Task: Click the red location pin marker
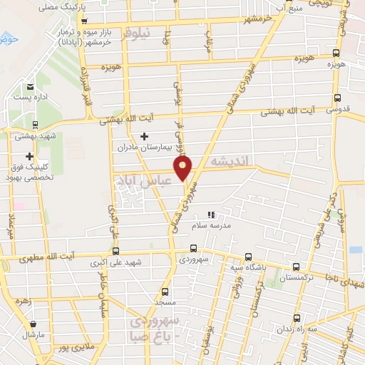tap(183, 168)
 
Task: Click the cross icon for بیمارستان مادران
tap(145, 135)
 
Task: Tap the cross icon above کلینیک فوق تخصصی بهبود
tap(29, 156)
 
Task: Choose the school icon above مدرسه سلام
tap(210, 215)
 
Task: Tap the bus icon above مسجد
tap(165, 291)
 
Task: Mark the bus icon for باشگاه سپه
tap(248, 256)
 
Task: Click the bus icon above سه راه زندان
tap(298, 319)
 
